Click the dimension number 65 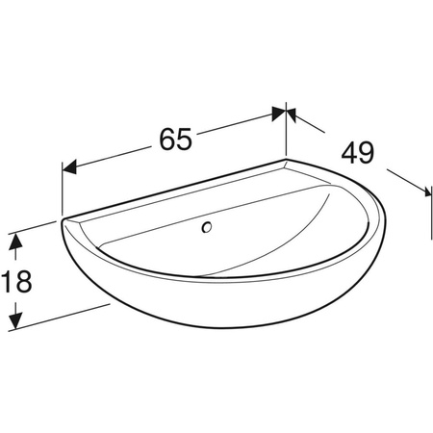click(176, 139)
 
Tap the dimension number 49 click(358, 153)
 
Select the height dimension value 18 click(16, 281)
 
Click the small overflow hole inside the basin click(207, 227)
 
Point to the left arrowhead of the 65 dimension click(69, 167)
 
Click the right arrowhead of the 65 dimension click(278, 114)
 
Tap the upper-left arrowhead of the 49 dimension click(291, 115)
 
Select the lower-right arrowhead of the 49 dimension click(426, 191)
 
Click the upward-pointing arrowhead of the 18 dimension click(15, 241)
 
